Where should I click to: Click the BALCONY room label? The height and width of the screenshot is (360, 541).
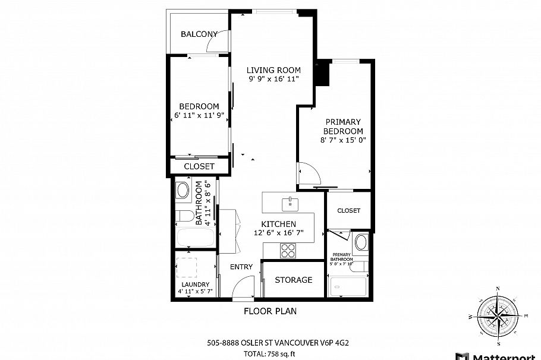point(199,34)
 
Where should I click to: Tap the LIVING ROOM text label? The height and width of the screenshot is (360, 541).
point(273,70)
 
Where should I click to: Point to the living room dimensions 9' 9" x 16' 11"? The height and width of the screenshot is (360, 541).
point(273,78)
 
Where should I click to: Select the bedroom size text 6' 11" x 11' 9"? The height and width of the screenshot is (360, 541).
point(199,115)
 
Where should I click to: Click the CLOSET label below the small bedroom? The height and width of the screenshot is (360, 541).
point(199,167)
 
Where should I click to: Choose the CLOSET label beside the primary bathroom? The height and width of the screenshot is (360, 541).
point(348,210)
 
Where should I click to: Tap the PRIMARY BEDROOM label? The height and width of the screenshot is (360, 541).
point(343,127)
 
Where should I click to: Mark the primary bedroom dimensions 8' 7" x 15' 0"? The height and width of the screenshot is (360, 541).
point(342,140)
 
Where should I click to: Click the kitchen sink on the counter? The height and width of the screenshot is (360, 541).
point(290,203)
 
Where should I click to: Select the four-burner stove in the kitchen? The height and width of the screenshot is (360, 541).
point(288,250)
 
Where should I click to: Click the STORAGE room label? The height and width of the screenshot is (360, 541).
point(294,280)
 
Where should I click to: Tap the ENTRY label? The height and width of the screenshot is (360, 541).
point(241,267)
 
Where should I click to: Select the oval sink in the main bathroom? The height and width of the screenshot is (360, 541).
point(183,191)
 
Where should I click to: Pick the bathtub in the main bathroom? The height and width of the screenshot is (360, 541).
point(195,239)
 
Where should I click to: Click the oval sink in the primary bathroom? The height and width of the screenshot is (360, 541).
point(361,242)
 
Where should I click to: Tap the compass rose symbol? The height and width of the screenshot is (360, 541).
point(498,315)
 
